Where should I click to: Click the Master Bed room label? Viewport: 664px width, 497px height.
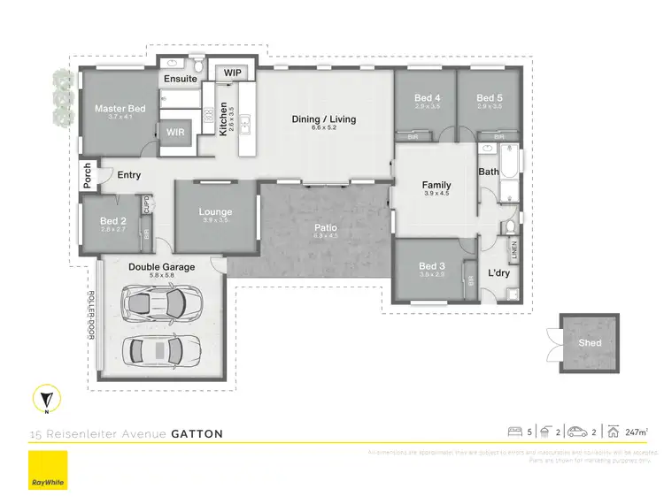coord(120,109)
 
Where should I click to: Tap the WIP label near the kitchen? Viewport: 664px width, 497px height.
coord(233,73)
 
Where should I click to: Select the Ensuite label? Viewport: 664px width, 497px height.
coord(180,79)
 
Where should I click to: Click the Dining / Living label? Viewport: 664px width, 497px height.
coord(324,119)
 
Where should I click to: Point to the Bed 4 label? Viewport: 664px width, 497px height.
coord(427,98)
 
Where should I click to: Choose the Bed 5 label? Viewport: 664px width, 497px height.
coord(489,98)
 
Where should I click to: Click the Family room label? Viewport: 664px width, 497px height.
coord(437,185)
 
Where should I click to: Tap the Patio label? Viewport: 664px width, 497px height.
coord(326,227)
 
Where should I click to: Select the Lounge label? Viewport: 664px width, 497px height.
coord(215,212)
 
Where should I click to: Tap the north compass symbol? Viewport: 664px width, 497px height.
coord(45,400)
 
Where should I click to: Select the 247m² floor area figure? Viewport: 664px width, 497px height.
coord(634,432)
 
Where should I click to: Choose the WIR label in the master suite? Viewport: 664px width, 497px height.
coord(175,133)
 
